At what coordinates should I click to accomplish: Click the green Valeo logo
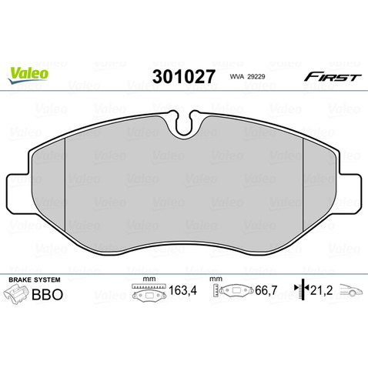pos(28,74)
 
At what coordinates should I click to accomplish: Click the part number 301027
pos(183,77)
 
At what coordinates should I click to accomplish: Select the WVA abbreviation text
pos(236,77)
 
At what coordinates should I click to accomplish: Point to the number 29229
pos(256,77)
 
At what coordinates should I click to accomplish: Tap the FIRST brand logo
pos(333,77)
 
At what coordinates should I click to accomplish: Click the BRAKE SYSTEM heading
pos(35,279)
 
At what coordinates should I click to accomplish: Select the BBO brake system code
pos(47,294)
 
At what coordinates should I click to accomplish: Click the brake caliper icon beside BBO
pos(16,295)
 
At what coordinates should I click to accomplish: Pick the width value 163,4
pos(182,290)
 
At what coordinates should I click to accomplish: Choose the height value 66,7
pos(266,290)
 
